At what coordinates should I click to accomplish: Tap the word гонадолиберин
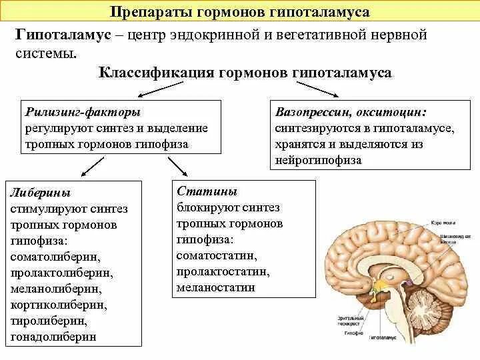tap(53, 337)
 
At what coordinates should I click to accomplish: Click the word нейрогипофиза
tap(317, 161)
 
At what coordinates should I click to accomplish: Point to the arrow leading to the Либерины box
tap(91, 166)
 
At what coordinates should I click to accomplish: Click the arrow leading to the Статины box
tap(176, 166)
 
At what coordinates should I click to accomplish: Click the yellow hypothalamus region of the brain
tap(382, 287)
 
